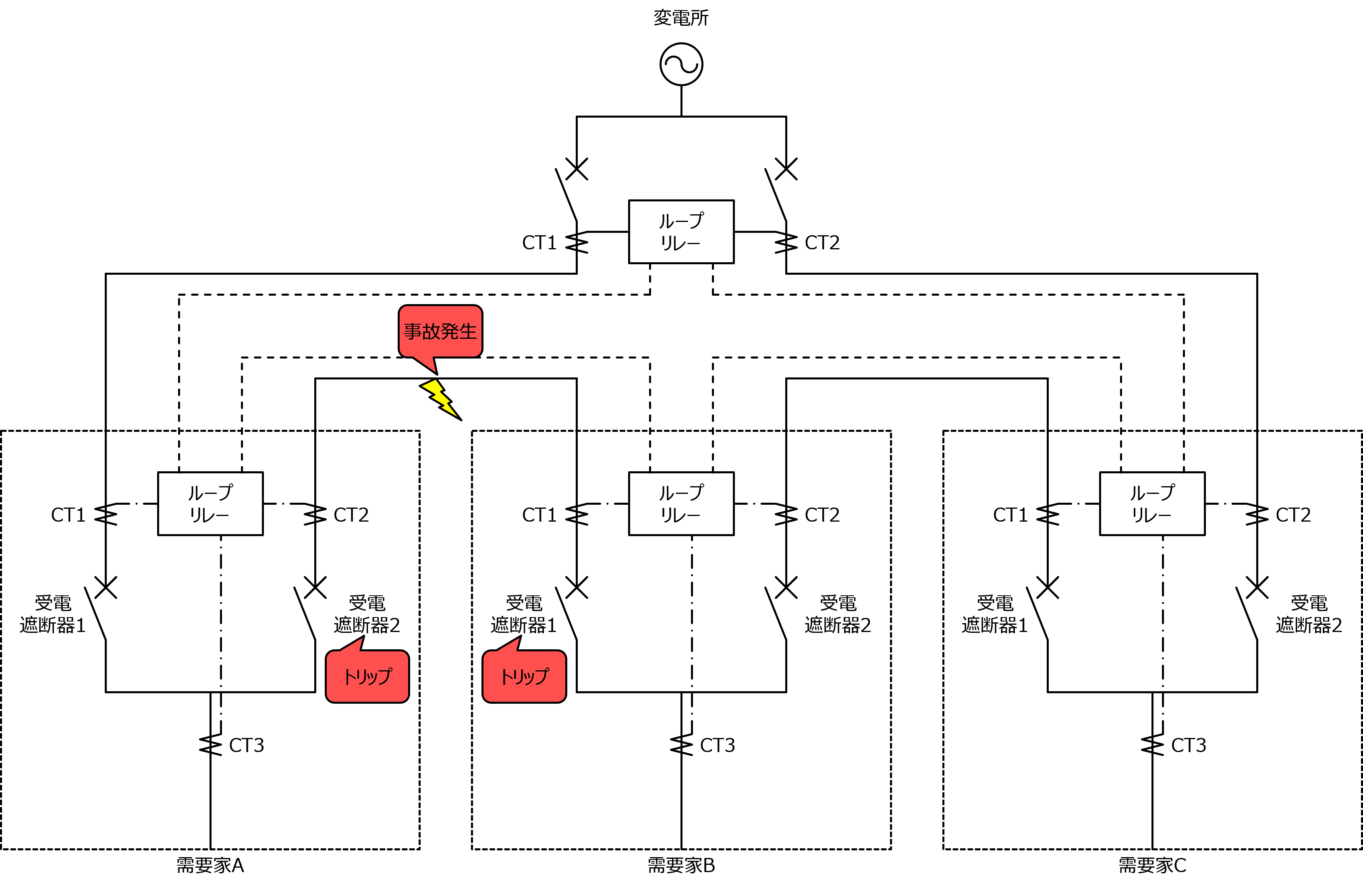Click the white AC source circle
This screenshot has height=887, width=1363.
coord(682,64)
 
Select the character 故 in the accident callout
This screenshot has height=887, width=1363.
coord(431,331)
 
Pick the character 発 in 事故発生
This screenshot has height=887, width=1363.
coord(450,331)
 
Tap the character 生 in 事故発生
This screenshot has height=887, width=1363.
coord(468,331)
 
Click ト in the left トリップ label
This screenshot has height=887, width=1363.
coord(349,677)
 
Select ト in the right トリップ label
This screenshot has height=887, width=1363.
coord(506,677)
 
